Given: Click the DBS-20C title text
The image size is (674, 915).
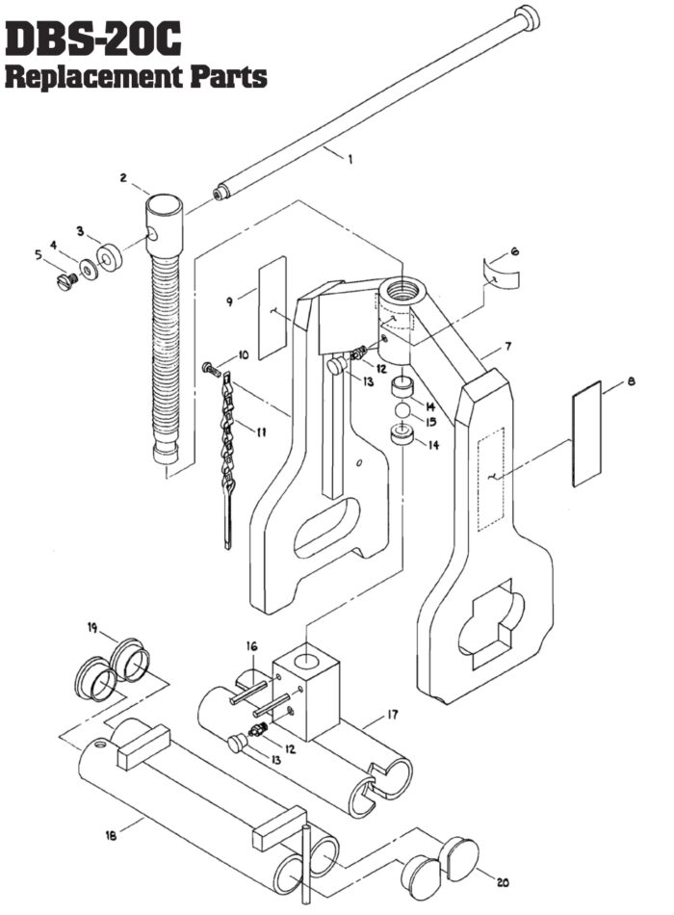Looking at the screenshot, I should pyautogui.click(x=93, y=39).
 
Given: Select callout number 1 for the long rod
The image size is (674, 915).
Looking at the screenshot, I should pyautogui.click(x=350, y=160).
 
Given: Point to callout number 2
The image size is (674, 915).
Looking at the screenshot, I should pyautogui.click(x=124, y=177).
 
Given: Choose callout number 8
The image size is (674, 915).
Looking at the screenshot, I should pyautogui.click(x=632, y=382).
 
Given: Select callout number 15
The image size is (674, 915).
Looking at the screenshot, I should pyautogui.click(x=431, y=421).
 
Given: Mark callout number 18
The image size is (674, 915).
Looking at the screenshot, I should pyautogui.click(x=112, y=836).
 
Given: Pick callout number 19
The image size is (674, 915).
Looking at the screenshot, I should pyautogui.click(x=93, y=627).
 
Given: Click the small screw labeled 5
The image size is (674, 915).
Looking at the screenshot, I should pyautogui.click(x=65, y=282).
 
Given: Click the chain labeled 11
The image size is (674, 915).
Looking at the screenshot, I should pyautogui.click(x=228, y=443).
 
